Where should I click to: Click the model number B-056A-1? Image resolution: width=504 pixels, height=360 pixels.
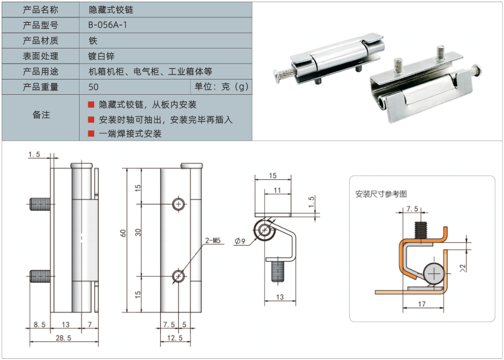[108, 25]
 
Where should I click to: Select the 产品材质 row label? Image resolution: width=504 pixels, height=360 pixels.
[40, 40]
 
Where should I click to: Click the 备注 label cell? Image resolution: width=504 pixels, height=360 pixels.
[41, 115]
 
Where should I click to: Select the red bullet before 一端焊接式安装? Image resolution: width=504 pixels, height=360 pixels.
[91, 133]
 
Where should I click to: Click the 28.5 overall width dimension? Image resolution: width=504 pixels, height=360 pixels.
[63, 338]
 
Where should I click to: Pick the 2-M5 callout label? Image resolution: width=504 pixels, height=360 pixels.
[212, 240]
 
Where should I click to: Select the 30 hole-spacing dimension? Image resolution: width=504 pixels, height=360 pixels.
[138, 233]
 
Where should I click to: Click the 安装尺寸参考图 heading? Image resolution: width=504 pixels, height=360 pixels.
[381, 194]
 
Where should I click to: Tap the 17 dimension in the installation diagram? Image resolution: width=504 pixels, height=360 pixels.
[423, 304]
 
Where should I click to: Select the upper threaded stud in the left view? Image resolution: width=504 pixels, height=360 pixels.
[40, 205]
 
